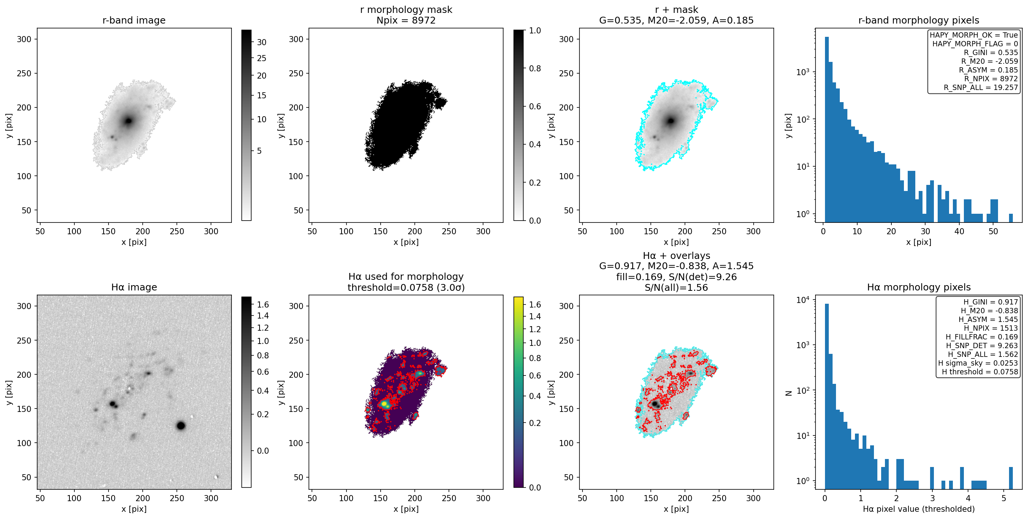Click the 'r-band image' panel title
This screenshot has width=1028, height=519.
click(134, 21)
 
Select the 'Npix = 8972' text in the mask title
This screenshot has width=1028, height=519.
click(406, 21)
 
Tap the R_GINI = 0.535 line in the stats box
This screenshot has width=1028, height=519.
click(991, 52)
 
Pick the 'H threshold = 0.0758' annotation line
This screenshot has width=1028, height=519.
click(980, 372)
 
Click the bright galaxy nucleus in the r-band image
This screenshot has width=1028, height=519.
click(129, 121)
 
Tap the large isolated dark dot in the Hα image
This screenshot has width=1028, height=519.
click(181, 426)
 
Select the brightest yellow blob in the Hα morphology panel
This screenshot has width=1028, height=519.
click(384, 404)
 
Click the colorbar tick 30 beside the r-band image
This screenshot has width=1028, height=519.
click(261, 42)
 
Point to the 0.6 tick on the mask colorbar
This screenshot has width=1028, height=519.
click(535, 107)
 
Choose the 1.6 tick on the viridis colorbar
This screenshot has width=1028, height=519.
click(535, 304)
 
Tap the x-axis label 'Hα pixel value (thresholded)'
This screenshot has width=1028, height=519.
click(919, 509)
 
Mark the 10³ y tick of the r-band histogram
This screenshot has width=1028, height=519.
click(803, 72)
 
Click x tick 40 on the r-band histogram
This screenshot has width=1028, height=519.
click(959, 231)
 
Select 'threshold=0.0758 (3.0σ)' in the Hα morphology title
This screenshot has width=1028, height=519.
click(406, 287)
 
